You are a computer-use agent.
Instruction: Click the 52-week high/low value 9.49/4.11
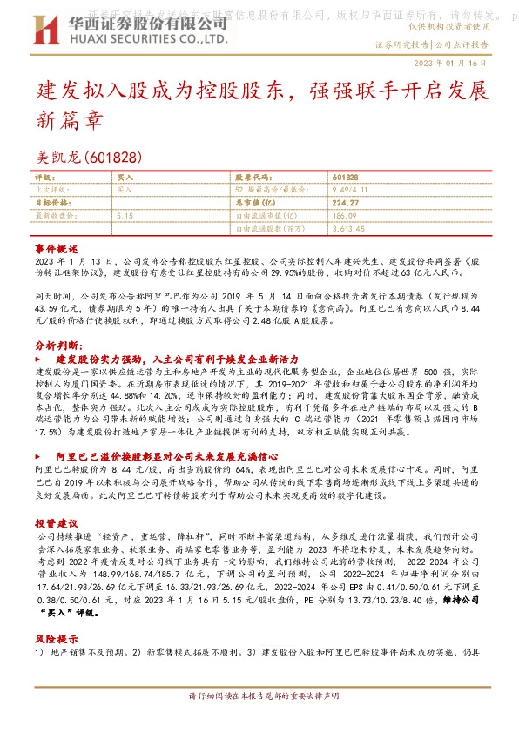(x=354, y=189)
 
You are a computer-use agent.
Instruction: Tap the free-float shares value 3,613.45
(x=349, y=227)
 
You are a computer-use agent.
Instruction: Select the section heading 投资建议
(x=57, y=523)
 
